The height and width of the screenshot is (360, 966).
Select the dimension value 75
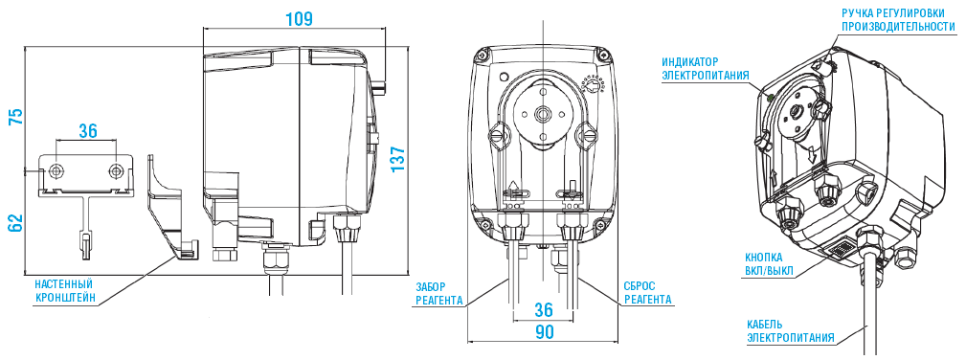pos(14,117)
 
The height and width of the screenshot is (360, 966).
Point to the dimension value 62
pos(14,222)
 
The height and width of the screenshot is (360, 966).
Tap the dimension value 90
pos(544,332)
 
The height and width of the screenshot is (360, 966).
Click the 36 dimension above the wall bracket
pos(87,131)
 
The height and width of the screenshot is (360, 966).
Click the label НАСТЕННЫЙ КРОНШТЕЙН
pos(63,291)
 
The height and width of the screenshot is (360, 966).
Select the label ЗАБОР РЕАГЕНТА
pos(439,293)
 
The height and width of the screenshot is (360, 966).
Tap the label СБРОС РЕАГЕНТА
pos(647,293)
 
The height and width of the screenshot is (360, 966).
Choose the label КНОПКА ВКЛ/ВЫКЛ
pos(771,263)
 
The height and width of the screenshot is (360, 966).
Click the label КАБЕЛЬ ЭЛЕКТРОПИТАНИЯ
pos(791,330)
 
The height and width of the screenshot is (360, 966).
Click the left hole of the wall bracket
pos(56,170)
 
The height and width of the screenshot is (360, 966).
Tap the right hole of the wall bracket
pos(117,170)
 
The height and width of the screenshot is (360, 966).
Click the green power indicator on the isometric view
pos(768,94)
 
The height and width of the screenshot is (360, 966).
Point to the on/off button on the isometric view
pos(840,250)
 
